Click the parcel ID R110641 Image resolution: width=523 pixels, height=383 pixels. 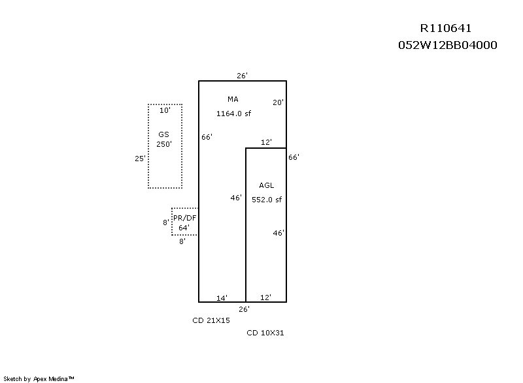(x=445, y=28)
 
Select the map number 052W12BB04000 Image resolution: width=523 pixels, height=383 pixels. (x=447, y=45)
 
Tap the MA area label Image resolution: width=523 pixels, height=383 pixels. (x=233, y=99)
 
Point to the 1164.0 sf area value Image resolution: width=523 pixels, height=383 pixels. (x=233, y=114)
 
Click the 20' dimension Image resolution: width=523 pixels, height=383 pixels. (x=278, y=102)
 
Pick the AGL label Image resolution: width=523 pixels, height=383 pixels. (x=267, y=186)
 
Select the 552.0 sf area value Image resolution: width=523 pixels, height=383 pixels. (x=267, y=200)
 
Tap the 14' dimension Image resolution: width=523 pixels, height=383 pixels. (x=222, y=298)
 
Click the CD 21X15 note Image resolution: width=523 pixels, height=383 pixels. (x=211, y=320)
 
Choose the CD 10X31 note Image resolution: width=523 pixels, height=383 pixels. (x=265, y=333)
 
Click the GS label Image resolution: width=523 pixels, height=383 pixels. (x=163, y=134)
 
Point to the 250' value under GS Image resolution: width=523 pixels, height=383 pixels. (x=163, y=144)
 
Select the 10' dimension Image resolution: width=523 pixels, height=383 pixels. (x=165, y=110)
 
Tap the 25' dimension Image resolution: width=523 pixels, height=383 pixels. (x=140, y=158)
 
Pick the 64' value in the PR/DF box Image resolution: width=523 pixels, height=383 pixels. (x=184, y=228)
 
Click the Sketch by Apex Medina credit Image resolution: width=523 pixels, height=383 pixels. (x=39, y=378)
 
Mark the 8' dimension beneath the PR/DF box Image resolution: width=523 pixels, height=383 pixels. (x=182, y=241)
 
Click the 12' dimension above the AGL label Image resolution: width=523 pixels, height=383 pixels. (x=265, y=142)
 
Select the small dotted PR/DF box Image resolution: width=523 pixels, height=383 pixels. (x=184, y=222)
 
